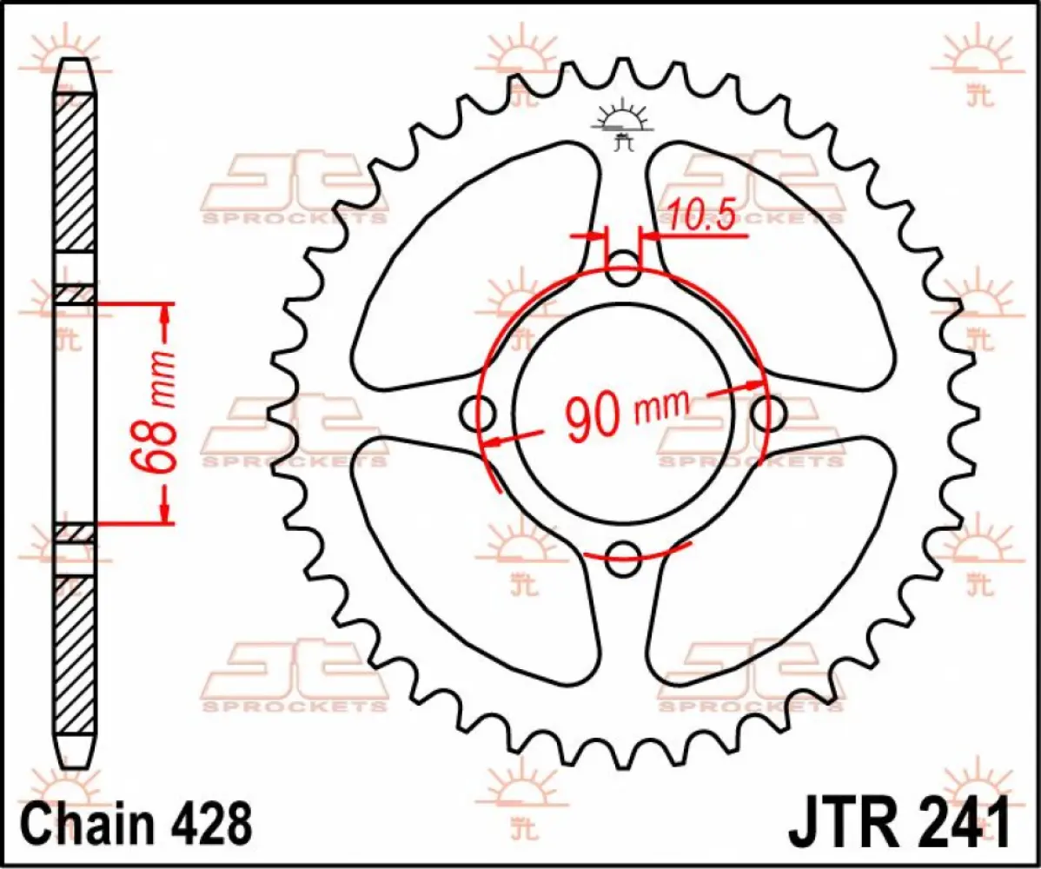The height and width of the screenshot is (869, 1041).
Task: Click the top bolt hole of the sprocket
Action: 622,269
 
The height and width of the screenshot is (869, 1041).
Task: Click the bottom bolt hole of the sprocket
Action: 622,559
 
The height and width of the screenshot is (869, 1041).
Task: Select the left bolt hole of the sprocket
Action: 479,414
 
